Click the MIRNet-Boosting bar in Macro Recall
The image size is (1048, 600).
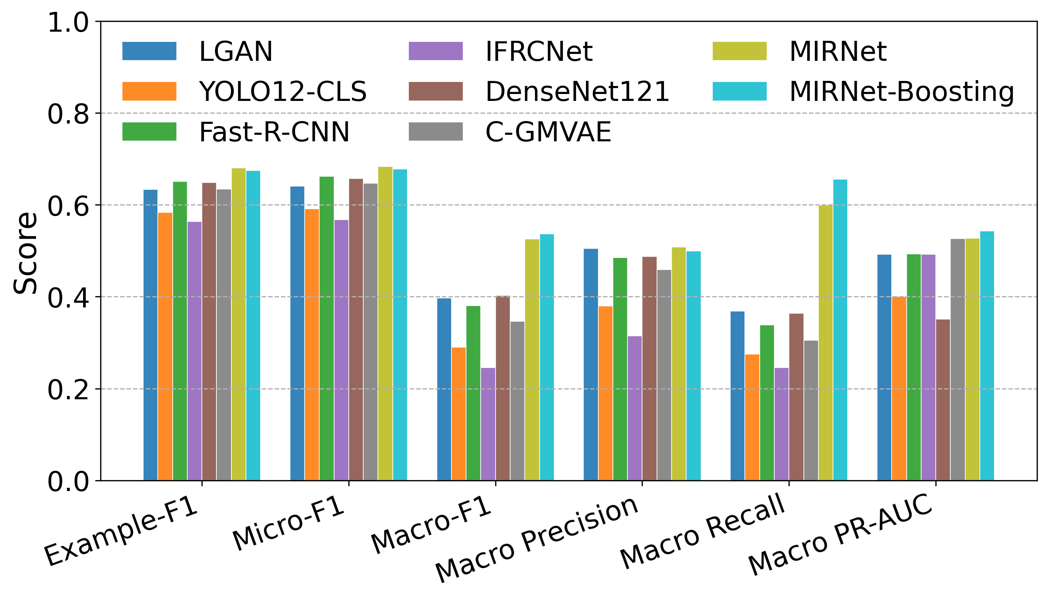pyautogui.click(x=840, y=330)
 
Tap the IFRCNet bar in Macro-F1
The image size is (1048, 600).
pyautogui.click(x=488, y=424)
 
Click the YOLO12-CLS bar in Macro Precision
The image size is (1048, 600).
pyautogui.click(x=605, y=393)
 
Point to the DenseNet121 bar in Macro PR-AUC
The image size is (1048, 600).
pyautogui.click(x=943, y=400)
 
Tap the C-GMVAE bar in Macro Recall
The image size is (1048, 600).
pyautogui.click(x=811, y=411)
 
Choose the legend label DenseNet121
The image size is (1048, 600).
pyautogui.click(x=577, y=91)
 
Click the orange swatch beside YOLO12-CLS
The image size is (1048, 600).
pyautogui.click(x=149, y=91)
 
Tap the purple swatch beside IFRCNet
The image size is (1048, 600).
pyautogui.click(x=435, y=51)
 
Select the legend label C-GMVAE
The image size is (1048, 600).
pyautogui.click(x=548, y=132)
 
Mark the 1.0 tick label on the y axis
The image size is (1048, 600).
pyautogui.click(x=69, y=22)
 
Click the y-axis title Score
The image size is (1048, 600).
pyautogui.click(x=26, y=253)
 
